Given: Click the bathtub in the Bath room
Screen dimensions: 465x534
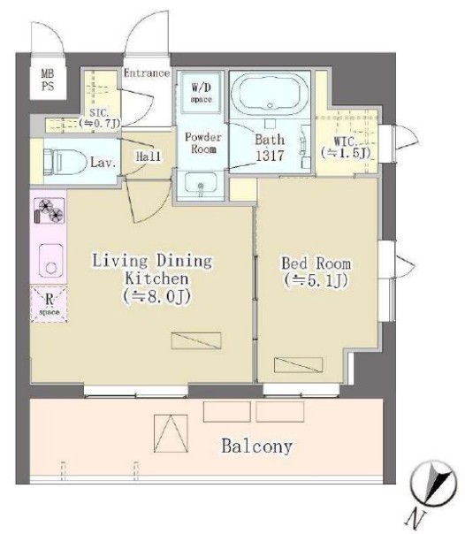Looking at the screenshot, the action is tap(270, 94).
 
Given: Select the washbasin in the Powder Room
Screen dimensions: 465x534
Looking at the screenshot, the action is tap(201, 183).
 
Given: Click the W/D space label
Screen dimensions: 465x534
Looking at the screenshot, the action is tap(202, 93).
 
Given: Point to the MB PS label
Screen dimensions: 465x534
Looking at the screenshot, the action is tap(48, 80).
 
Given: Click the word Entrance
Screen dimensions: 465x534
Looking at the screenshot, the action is tap(147, 72).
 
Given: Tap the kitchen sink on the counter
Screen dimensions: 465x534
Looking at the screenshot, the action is tap(51, 261).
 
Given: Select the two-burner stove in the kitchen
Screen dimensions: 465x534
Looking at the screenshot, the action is tap(50, 211).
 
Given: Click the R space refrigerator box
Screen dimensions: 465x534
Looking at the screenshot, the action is tap(49, 304).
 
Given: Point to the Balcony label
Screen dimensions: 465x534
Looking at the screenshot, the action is tap(257, 446).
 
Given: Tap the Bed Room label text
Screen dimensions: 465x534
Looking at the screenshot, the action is tap(316, 263).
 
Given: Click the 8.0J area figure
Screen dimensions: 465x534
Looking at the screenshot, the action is tap(157, 296).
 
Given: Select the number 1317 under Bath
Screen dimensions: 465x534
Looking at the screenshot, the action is tap(270, 156).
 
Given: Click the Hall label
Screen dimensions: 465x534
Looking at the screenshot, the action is tap(149, 156).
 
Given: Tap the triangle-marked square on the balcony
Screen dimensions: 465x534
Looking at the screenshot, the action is tap(171, 433).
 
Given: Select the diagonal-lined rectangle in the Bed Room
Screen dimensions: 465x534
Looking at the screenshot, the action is tap(298, 365).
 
